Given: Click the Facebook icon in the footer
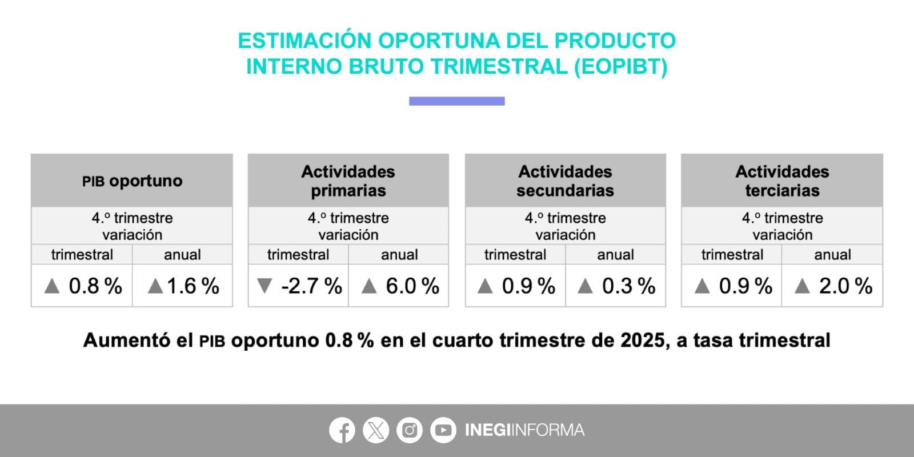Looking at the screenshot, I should click(x=342, y=430).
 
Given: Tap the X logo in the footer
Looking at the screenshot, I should click(x=375, y=430).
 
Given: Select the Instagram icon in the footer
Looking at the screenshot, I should click(x=409, y=430).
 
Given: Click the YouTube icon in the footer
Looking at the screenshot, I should click(x=443, y=430).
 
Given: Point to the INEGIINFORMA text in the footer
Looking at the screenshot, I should click(x=524, y=430).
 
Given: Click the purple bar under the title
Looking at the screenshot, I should click(x=456, y=101).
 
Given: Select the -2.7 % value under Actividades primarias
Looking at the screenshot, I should click(x=311, y=286).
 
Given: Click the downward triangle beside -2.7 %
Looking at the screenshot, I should click(x=264, y=286).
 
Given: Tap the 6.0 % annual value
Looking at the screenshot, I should click(x=412, y=286).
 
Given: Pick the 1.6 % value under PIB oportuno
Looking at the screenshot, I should click(x=193, y=286).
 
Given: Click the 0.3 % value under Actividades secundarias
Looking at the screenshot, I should click(x=628, y=286).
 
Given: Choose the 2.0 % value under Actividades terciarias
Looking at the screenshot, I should click(x=845, y=286).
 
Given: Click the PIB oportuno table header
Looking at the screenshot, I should click(x=132, y=181).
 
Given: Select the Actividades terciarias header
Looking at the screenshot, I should click(x=782, y=181).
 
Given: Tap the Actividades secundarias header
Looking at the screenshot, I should click(x=565, y=181).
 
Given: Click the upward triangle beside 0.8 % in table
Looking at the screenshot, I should click(x=52, y=286).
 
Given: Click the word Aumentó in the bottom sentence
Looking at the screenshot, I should click(x=127, y=340).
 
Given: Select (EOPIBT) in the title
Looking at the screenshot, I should click(x=620, y=67).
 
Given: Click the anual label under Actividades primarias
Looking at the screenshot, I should click(x=399, y=255).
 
